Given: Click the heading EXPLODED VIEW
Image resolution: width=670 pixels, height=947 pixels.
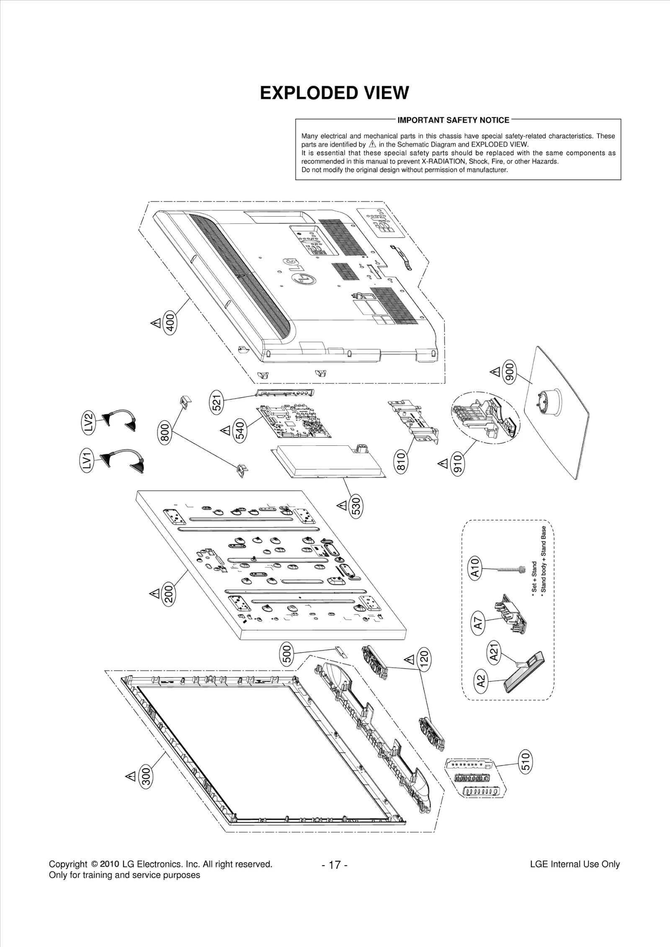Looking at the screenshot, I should [334, 93].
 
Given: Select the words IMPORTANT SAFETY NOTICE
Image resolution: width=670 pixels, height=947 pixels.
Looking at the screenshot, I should [453, 120].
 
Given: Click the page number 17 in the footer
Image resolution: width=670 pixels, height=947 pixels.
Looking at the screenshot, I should [335, 864].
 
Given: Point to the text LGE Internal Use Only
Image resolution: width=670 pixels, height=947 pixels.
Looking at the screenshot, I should [575, 864].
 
